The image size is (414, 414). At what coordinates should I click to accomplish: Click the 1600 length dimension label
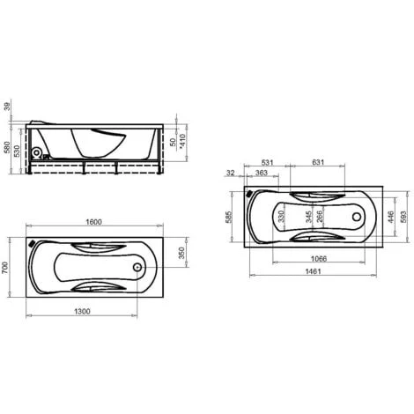[x=94, y=222]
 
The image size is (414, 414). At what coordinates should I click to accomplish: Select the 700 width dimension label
[x=5, y=268]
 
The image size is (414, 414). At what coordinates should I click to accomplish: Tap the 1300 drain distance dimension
[x=82, y=311]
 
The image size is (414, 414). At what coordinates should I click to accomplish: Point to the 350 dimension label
[x=182, y=253]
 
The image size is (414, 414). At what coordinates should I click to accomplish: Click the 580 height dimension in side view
[x=7, y=148]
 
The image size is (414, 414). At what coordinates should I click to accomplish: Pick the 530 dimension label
[x=17, y=152]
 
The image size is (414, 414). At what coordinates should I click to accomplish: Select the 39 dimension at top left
[x=7, y=106]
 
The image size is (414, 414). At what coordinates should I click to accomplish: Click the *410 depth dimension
[x=182, y=142]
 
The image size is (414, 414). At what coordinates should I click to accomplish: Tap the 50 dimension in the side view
[x=174, y=142]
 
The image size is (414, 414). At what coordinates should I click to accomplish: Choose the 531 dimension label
[x=267, y=162]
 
